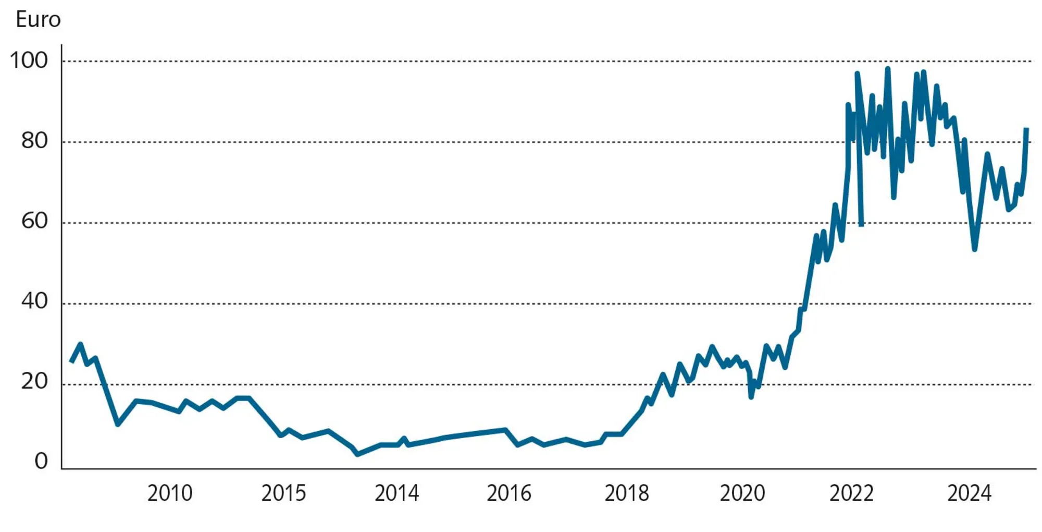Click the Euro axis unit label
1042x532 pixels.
(x=38, y=20)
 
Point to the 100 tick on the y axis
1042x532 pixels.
(x=29, y=61)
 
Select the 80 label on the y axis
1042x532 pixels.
(x=34, y=141)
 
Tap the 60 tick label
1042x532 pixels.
(x=34, y=222)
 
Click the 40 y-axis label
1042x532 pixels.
(x=34, y=302)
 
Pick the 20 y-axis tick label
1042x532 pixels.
(x=34, y=382)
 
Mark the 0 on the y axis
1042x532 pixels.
(x=41, y=462)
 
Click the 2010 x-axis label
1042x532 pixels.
(x=170, y=493)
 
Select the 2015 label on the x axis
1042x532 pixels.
(x=283, y=493)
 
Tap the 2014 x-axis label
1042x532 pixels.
(x=396, y=493)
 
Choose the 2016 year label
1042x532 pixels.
(x=509, y=493)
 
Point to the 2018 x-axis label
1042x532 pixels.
(x=627, y=493)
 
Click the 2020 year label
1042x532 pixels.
(x=742, y=493)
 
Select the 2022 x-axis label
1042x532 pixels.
(x=851, y=493)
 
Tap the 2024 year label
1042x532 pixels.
(x=969, y=493)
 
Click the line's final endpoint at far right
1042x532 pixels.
(x=1026, y=129)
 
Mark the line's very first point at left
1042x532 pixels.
(x=71, y=361)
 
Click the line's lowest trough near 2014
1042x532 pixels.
(x=357, y=454)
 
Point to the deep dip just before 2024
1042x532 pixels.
(x=974, y=249)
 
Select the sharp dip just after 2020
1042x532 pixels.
(x=751, y=397)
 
